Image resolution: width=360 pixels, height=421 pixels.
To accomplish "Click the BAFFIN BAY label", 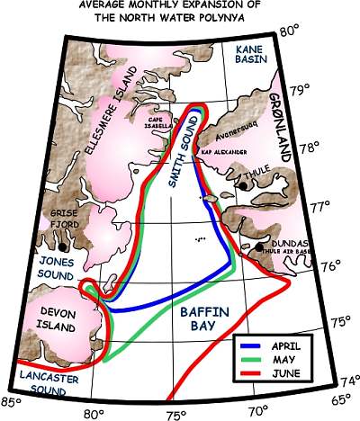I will [196, 320].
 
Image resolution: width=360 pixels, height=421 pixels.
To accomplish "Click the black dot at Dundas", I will [261, 246].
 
